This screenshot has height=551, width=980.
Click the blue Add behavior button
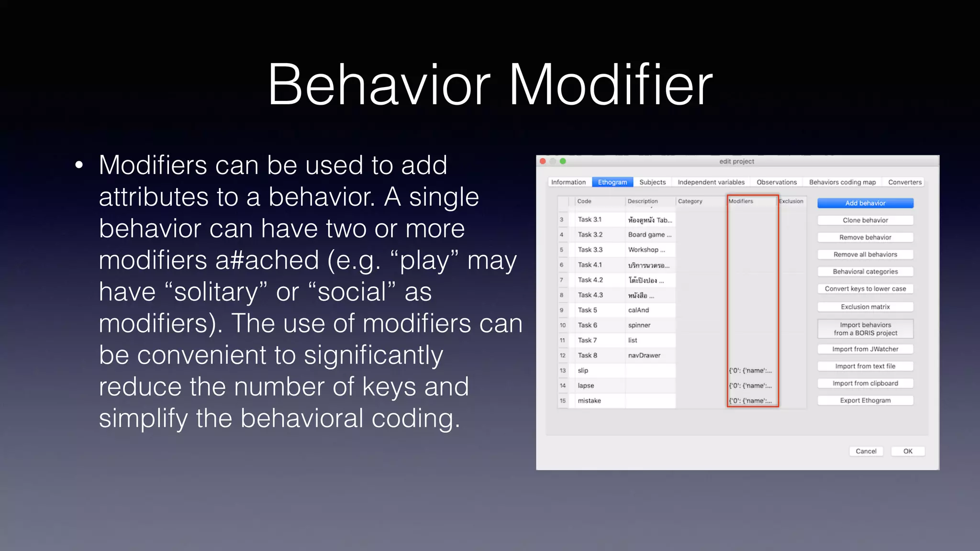865,203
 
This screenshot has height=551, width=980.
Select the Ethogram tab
612,182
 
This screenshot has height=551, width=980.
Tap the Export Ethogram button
865,400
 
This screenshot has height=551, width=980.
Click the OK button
907,451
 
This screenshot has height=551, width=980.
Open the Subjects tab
652,182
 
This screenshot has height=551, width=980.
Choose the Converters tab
904,182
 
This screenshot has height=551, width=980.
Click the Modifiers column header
741,201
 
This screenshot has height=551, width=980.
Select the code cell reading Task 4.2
590,280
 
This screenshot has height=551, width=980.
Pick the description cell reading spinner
639,325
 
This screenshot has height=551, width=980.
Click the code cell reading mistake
589,401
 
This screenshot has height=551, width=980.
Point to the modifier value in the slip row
750,371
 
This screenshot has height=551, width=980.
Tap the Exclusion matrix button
865,307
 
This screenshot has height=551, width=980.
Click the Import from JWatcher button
865,349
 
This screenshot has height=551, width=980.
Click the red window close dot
543,161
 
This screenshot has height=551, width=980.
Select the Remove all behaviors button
865,254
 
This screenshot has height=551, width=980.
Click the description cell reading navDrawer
644,355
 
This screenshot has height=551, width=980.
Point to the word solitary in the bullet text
216,292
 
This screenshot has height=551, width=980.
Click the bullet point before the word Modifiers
79,165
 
